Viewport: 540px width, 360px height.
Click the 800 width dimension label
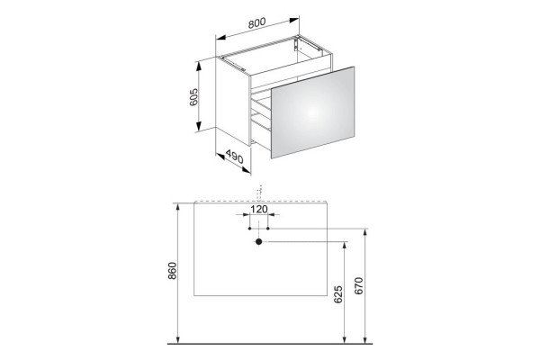[256, 22]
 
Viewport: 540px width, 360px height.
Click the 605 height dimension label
[193, 97]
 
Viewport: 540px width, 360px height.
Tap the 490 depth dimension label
[235, 157]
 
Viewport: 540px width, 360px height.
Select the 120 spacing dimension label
[258, 209]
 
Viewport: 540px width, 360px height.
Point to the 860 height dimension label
[172, 271]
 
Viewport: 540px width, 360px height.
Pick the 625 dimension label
[338, 294]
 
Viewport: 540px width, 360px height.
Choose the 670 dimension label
[358, 285]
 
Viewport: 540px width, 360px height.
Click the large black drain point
[258, 242]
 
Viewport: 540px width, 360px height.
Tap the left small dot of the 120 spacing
[249, 229]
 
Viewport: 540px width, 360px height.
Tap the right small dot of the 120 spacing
[268, 229]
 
